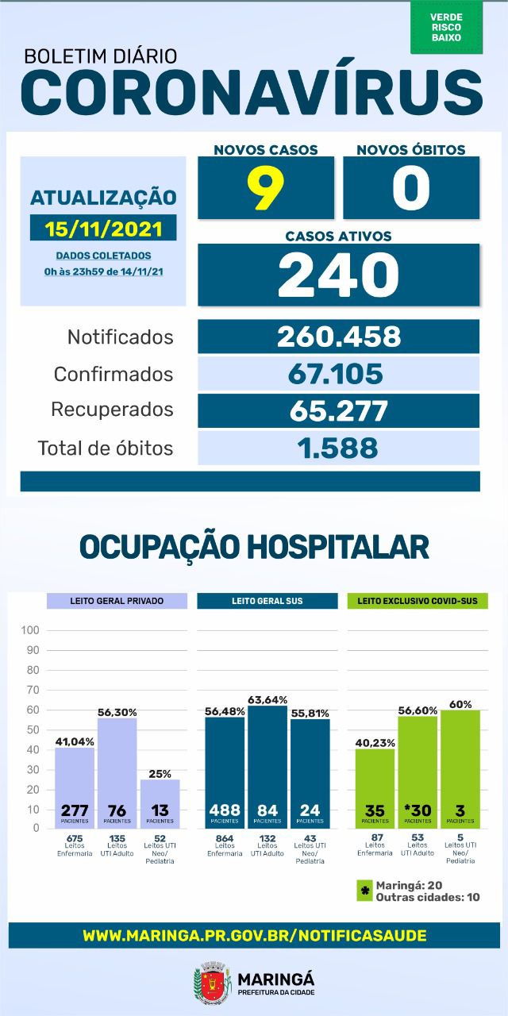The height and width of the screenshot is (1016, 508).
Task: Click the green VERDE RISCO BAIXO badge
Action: coord(446,27)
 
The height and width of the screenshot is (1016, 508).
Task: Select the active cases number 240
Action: coord(338,275)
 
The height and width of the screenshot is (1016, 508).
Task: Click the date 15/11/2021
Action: coord(103,229)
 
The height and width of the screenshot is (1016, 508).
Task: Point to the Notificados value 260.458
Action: coord(338,337)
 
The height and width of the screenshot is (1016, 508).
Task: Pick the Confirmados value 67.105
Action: coord(338,373)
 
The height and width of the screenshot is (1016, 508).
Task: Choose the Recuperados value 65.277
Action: coord(338,410)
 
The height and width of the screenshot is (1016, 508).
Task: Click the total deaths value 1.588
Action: coord(338,448)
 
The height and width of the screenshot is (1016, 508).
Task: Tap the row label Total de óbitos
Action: coord(105,448)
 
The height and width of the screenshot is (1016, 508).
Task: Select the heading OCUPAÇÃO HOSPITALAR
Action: coord(254,547)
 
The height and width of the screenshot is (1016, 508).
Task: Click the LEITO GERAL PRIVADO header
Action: coord(117,601)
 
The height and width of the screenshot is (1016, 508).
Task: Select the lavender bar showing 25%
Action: coord(160,803)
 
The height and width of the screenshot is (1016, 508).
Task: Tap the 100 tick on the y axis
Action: coord(31,630)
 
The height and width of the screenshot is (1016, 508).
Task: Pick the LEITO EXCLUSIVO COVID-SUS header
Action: coord(418,601)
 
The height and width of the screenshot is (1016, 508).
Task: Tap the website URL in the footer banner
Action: coord(254,935)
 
